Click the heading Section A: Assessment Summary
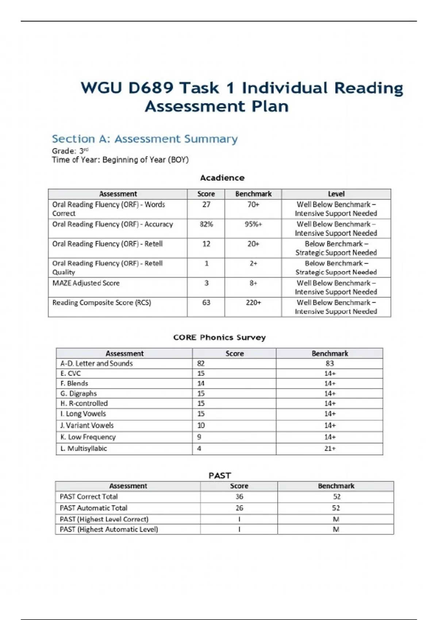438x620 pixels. pos(145,139)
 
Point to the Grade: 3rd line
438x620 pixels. pos(70,151)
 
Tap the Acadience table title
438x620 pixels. pos(222,178)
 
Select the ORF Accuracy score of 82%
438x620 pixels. pos(206,224)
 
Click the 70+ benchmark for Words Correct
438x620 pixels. pos(253,205)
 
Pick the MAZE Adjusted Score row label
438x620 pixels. pos(86,283)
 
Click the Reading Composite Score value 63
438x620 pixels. pos(206,303)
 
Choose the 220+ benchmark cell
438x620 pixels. pos(253,303)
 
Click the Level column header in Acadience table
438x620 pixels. pos(336,194)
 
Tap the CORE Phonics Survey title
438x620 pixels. pos(219,337)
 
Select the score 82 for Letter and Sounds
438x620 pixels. pos(201,363)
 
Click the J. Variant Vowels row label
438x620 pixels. pos(87,425)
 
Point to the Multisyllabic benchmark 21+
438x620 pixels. pos(330,449)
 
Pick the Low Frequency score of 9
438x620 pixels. pos(199,437)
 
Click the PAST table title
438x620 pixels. pos(220,476)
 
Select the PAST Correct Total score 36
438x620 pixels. pos(239,497)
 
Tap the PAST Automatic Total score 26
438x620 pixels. pos(239,508)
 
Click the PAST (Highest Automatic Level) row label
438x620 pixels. pos(109,529)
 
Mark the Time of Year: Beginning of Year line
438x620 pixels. pos(120,160)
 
